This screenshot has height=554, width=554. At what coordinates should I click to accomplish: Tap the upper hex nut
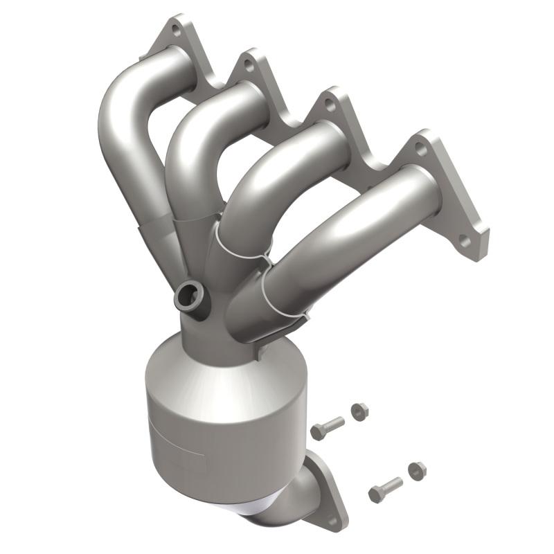[359, 411]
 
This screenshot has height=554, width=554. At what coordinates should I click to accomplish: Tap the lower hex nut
[417, 471]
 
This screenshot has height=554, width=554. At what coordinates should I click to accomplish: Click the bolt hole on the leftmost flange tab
[177, 30]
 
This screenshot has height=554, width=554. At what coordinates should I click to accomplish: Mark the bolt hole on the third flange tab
[330, 107]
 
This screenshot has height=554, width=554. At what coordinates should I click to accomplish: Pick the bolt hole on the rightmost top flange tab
[420, 148]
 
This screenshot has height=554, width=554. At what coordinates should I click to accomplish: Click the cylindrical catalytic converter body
[222, 429]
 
